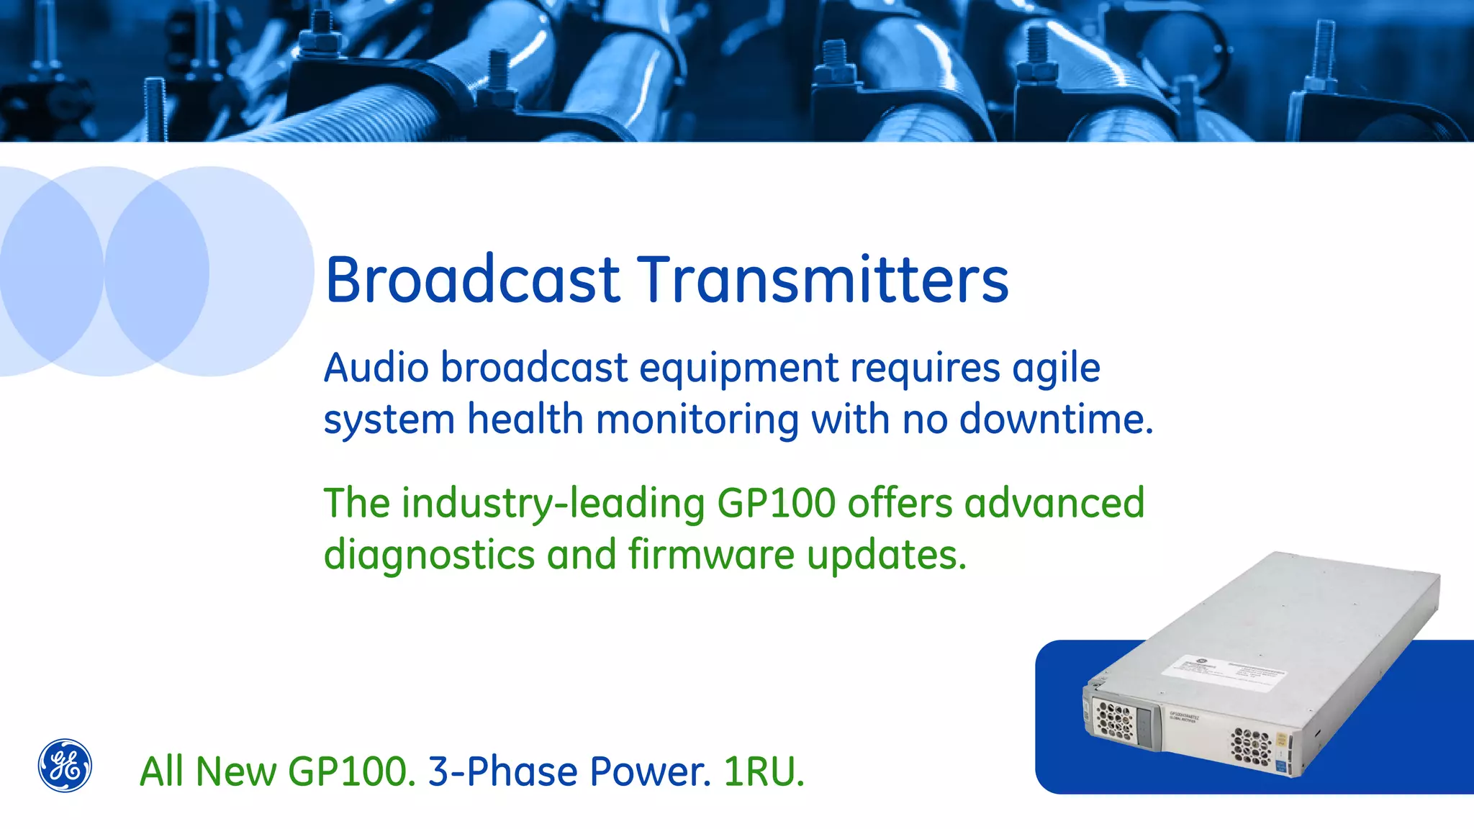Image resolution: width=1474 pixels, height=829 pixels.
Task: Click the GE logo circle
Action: [x=65, y=765]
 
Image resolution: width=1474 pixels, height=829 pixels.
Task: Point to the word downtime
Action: [x=1056, y=419]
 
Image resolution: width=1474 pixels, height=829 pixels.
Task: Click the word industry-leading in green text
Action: [x=553, y=503]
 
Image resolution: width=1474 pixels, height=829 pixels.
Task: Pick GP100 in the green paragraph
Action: [x=776, y=503]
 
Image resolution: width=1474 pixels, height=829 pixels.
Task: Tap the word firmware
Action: [x=710, y=555]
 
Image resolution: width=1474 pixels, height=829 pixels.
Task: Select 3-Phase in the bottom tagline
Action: [x=502, y=772]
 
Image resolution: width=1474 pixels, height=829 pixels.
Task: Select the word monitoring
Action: [x=697, y=420]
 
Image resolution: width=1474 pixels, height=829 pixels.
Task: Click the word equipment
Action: [x=739, y=369]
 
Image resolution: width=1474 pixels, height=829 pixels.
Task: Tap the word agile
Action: [x=1056, y=369]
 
